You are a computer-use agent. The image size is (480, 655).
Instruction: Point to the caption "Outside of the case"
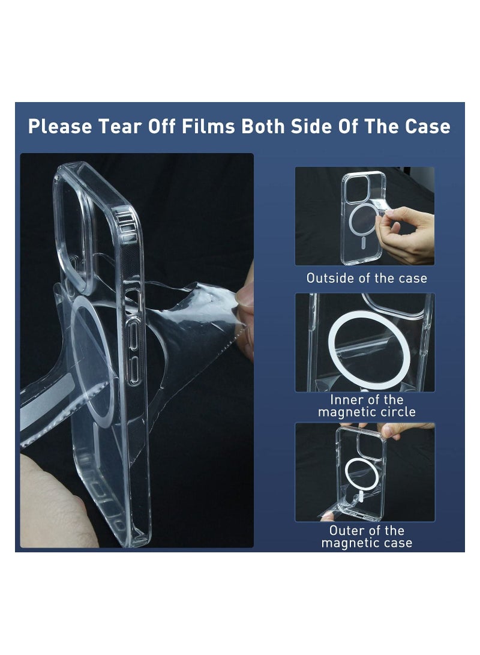[x=367, y=278]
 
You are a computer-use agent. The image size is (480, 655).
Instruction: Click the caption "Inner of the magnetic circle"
[x=367, y=406]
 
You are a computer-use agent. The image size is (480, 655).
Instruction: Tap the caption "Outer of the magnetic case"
[x=367, y=537]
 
